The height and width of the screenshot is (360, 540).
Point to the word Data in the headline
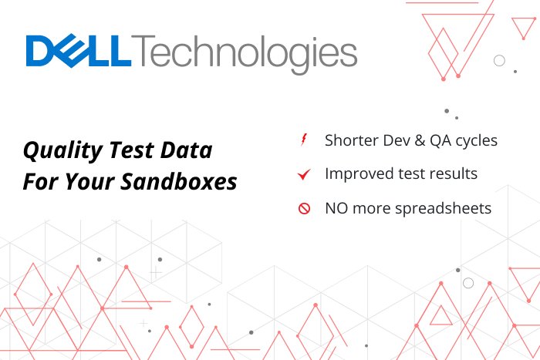(x=190, y=150)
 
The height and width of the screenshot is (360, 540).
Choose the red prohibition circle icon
(x=304, y=208)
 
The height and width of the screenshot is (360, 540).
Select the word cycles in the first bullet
(x=480, y=141)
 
